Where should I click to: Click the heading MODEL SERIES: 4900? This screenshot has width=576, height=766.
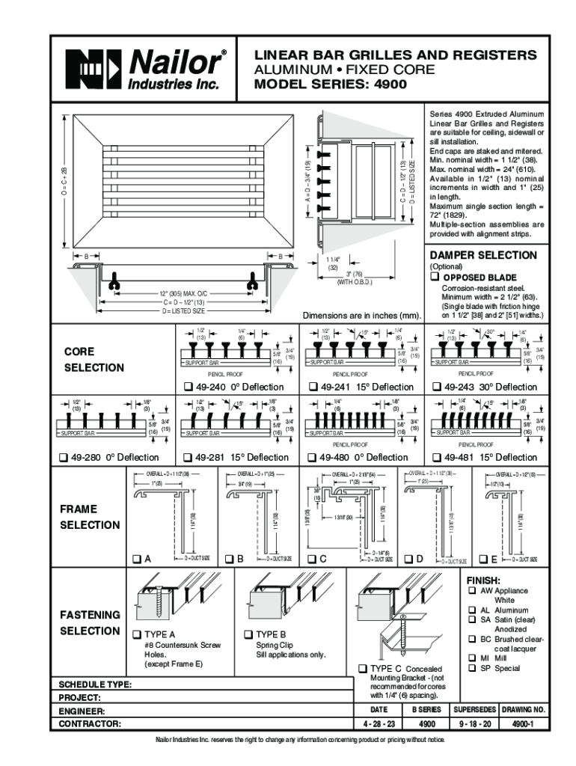[x=331, y=85]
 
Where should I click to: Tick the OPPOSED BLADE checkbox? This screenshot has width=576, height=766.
[x=434, y=278]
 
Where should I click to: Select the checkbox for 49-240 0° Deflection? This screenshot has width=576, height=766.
[x=189, y=387]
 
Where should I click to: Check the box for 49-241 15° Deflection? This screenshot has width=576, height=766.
[x=313, y=387]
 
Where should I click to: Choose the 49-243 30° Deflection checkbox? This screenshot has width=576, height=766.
[x=437, y=387]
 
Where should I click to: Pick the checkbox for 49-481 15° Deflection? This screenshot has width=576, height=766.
[x=437, y=457]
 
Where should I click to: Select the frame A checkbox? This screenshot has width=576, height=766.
[x=137, y=558]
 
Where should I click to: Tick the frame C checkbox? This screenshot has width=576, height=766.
[x=312, y=558]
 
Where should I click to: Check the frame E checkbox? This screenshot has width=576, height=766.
[x=484, y=558]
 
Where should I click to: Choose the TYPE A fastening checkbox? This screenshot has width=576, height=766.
[x=137, y=634]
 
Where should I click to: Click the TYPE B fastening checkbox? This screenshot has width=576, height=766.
[x=249, y=634]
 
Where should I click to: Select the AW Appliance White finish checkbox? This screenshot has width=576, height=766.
[x=473, y=591]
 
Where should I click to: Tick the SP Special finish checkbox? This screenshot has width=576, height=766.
[x=473, y=668]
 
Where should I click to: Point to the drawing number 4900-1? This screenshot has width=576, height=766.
[x=523, y=724]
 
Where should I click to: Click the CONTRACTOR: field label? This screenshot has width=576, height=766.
[x=91, y=724]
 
